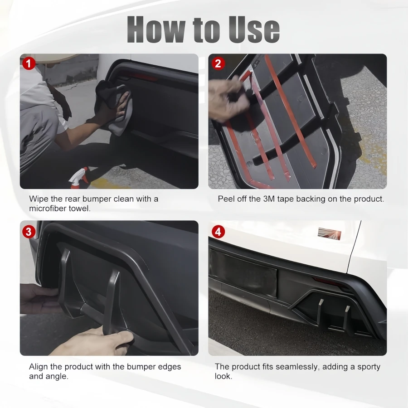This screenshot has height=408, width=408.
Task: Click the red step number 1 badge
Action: (29, 63)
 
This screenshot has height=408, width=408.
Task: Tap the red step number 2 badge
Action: (218, 63)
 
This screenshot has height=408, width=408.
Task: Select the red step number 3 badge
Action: (29, 232)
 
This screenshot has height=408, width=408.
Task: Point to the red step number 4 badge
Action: (218, 232)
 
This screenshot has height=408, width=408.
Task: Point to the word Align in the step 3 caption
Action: (38, 367)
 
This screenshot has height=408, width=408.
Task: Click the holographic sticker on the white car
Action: (330, 233)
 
